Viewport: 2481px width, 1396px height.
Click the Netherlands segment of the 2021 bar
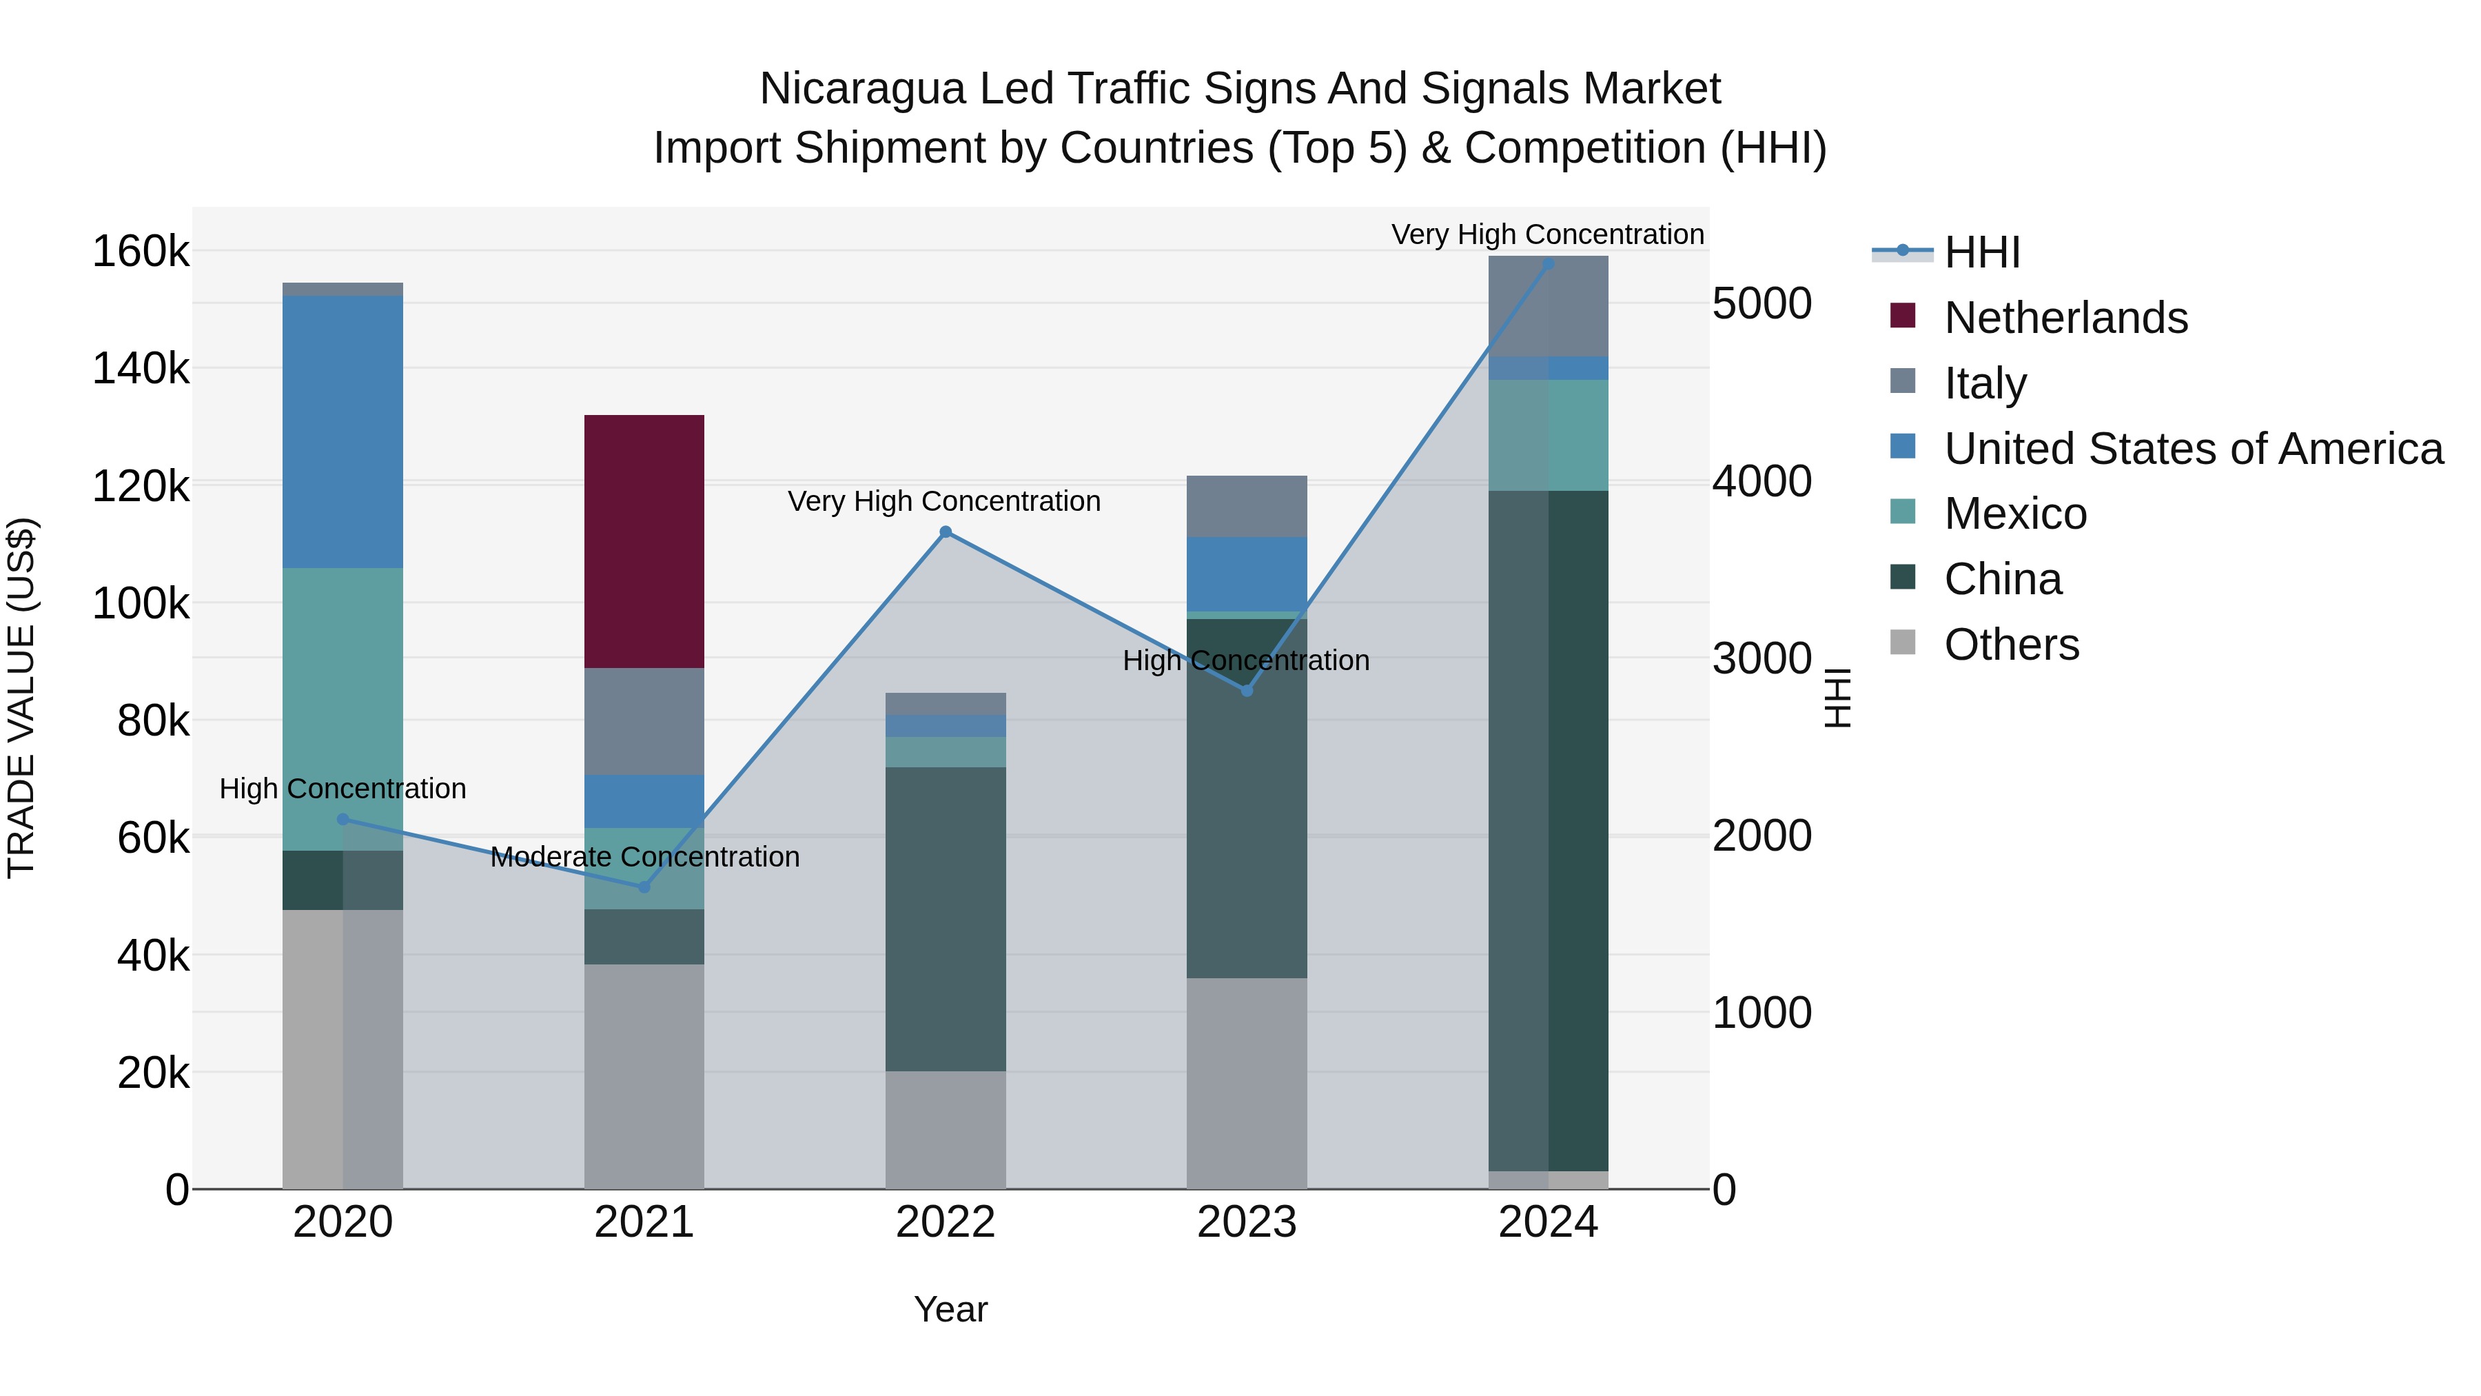(x=644, y=540)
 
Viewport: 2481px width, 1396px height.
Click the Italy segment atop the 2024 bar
(x=1548, y=305)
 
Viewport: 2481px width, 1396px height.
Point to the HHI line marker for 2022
(x=945, y=532)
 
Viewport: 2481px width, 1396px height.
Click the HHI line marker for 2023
(x=1246, y=691)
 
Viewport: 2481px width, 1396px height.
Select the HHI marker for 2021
(x=644, y=887)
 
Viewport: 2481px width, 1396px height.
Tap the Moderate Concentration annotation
(x=644, y=856)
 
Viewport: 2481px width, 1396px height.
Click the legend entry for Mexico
(x=2015, y=514)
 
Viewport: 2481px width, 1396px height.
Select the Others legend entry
(x=2011, y=645)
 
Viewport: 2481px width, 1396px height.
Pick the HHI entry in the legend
(x=1981, y=252)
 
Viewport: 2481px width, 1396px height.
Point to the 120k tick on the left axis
(x=141, y=485)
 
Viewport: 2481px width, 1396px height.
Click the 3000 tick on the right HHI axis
(x=1762, y=659)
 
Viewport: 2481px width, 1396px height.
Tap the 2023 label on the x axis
(x=1246, y=1222)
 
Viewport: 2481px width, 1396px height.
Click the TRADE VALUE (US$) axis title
(x=21, y=698)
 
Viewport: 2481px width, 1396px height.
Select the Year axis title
(x=950, y=1309)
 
